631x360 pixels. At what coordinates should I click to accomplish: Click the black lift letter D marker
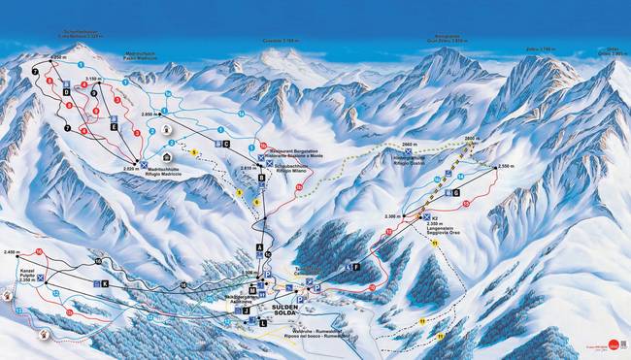(x=65, y=91)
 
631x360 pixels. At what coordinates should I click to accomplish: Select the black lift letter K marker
(x=104, y=283)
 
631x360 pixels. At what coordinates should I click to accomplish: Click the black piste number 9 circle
(x=260, y=144)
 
